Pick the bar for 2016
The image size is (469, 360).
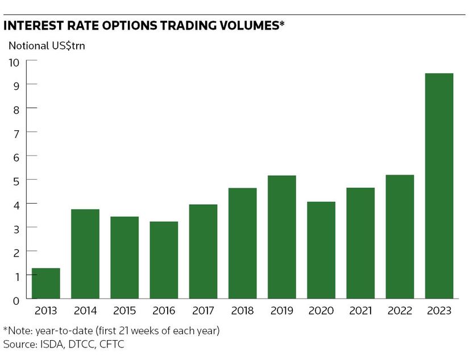point(164,260)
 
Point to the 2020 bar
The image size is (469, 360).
point(321,250)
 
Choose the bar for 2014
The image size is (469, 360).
point(85,254)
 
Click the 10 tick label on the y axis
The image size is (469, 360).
point(14,61)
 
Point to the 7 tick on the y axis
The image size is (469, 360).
point(17,132)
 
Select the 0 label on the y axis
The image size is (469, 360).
point(17,299)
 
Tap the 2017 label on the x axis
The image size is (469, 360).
point(203,311)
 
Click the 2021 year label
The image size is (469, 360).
point(360,311)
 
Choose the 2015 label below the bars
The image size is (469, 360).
point(124,311)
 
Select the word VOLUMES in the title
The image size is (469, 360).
point(245,26)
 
